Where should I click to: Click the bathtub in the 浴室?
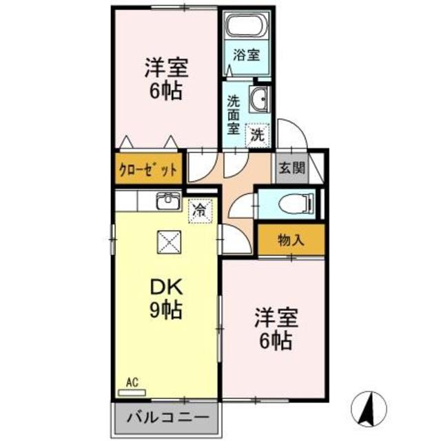coord(246,28)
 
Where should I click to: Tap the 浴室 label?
coord(246,55)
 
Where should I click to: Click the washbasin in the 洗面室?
coord(261,100)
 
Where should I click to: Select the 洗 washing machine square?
coord(257,134)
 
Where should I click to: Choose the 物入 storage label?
coord(290,240)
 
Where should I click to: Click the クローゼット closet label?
coord(149,170)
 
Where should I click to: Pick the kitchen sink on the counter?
coord(167,201)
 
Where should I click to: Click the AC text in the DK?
coord(132,380)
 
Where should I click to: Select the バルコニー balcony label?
coord(167,417)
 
